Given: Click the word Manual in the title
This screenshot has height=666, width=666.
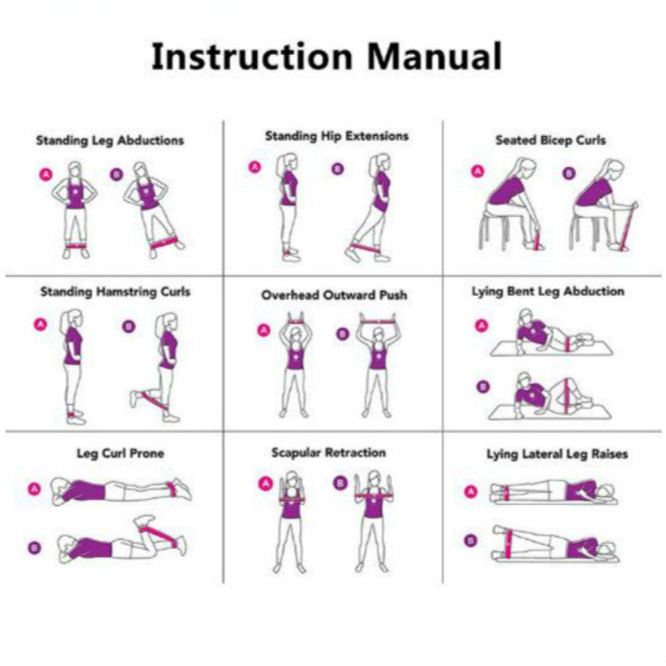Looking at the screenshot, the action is tap(434, 56).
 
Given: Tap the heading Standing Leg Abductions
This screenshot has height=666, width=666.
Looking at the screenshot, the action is tap(110, 140).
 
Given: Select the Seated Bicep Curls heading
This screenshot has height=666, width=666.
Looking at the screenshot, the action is tap(551, 140).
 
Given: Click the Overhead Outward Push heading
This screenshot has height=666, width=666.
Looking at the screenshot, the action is tap(334, 295).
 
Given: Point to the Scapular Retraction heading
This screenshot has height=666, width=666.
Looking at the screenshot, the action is tap(329, 453).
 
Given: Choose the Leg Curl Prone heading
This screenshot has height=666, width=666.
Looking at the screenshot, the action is tap(120, 453).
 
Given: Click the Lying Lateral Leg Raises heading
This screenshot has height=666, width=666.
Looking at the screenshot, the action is tap(557, 454).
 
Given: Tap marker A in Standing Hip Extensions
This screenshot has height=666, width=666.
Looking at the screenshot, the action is tap(255, 167).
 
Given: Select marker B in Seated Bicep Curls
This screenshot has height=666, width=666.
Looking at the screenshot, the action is tap(569, 173).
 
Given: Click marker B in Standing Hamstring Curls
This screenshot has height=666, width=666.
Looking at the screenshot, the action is tap(129, 326).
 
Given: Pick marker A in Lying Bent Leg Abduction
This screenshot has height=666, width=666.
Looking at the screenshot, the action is tap(481, 326).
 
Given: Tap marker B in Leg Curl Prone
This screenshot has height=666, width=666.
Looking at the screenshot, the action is tap(35, 548).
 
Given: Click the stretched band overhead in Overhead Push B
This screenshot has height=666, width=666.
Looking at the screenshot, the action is tap(377, 321).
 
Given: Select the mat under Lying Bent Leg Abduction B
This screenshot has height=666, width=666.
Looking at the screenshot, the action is tap(551, 413).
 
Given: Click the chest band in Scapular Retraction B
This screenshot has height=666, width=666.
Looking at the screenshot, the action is tap(374, 496).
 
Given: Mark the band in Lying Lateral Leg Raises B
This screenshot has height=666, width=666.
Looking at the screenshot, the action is tap(508, 543).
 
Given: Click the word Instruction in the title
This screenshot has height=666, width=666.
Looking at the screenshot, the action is tap(252, 56).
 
